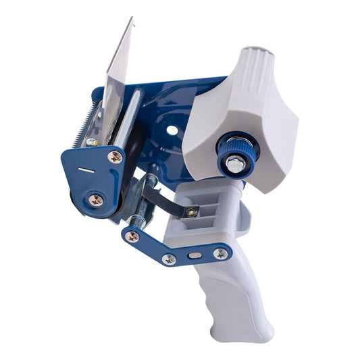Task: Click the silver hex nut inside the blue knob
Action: coord(234,162)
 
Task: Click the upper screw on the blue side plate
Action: coord(116,157)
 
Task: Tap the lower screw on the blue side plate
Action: coord(95,199)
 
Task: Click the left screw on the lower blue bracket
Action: coord(133,236)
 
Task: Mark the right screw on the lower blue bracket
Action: coord(220,254)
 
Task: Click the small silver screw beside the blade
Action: coord(91,143)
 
